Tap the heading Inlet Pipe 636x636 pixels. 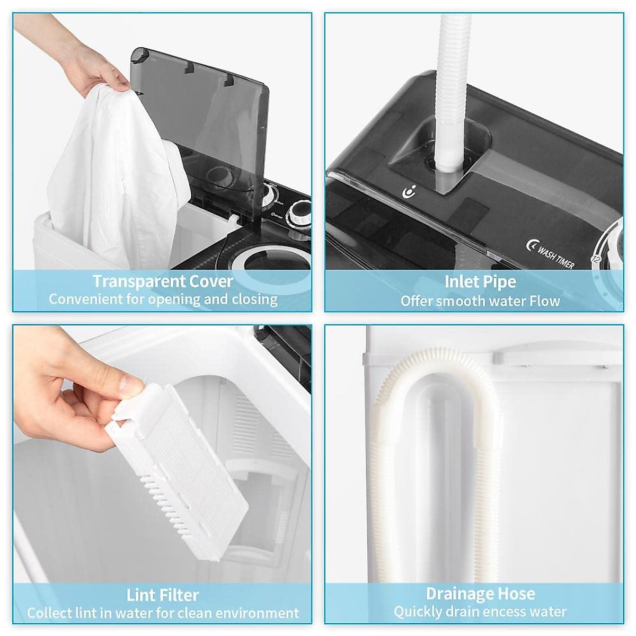click(480, 281)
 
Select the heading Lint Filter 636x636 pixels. click(163, 595)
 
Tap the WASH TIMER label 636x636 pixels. click(555, 256)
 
